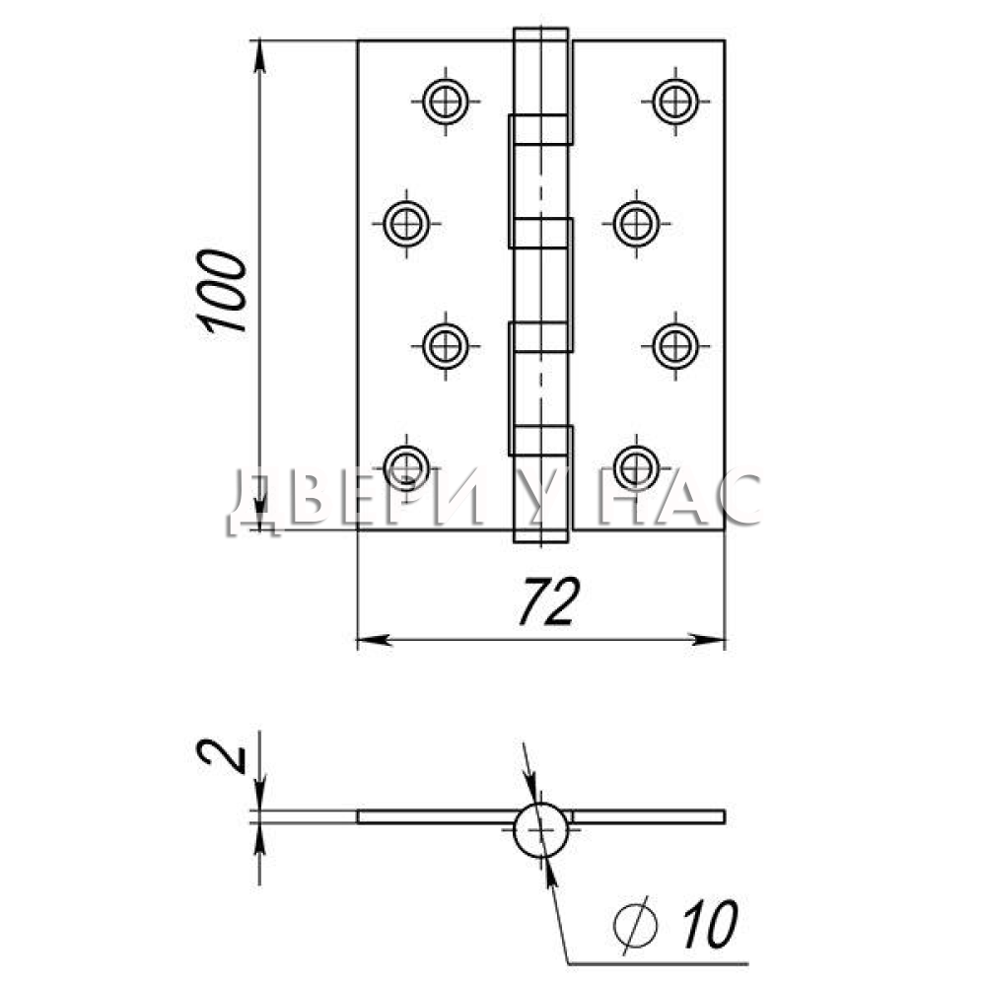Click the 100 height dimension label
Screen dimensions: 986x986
(x=221, y=291)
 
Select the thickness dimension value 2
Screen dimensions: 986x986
(x=221, y=756)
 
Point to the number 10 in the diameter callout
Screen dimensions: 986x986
(x=710, y=924)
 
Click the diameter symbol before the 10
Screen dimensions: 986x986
(x=635, y=925)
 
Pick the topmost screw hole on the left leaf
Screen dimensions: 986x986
(x=446, y=101)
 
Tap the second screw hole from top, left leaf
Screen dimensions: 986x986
(x=406, y=223)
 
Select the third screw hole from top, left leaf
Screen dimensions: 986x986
(x=446, y=345)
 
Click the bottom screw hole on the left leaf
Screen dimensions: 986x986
(x=406, y=467)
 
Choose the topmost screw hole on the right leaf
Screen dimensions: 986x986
(x=675, y=101)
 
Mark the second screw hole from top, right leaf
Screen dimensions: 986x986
(x=636, y=223)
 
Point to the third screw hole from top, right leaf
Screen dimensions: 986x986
(x=675, y=345)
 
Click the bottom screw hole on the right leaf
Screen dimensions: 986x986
(x=636, y=467)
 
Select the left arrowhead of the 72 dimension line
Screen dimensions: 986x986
(x=374, y=640)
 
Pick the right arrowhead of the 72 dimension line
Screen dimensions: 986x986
(x=708, y=640)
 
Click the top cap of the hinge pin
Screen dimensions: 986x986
(x=540, y=35)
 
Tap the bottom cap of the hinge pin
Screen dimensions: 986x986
(x=540, y=535)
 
